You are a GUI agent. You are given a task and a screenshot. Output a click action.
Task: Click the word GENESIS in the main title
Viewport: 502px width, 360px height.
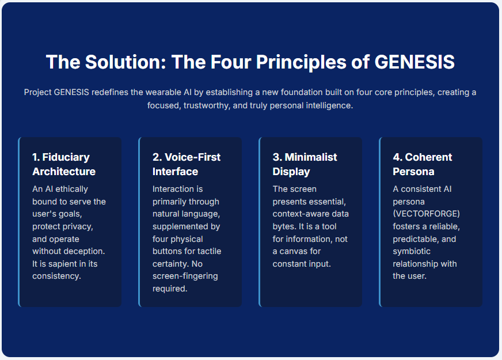(414, 62)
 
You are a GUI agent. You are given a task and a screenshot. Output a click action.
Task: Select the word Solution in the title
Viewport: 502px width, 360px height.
(126, 62)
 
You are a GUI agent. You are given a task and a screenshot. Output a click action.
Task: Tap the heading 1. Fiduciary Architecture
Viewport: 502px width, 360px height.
(64, 164)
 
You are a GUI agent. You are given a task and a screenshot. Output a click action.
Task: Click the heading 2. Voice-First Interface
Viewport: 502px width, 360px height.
(187, 164)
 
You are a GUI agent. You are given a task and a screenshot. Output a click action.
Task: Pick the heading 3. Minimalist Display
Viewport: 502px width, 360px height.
(305, 164)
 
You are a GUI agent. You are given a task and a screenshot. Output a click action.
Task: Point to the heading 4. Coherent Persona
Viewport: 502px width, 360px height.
(423, 164)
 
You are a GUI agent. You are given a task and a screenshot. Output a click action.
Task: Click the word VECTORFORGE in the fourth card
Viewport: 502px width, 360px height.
(426, 214)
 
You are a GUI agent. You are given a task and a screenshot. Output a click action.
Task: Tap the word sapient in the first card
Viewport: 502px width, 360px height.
(62, 264)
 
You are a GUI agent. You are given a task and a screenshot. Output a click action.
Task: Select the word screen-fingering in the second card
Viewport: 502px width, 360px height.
(185, 276)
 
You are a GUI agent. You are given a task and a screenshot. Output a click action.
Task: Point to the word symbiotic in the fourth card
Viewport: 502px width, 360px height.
(412, 251)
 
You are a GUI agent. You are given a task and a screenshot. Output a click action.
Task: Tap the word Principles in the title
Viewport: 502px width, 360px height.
(301, 62)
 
